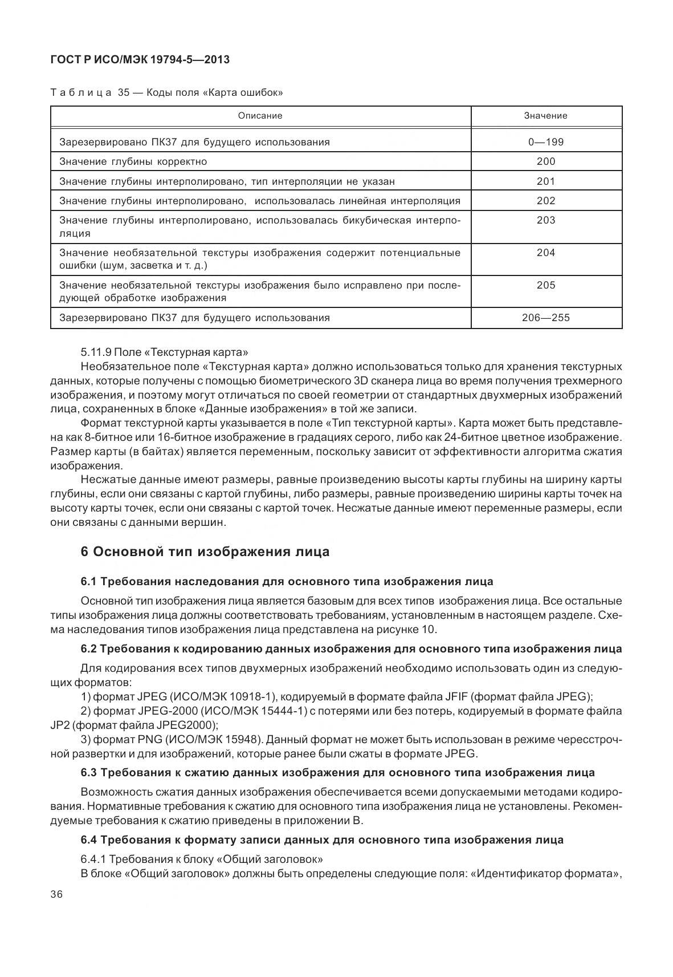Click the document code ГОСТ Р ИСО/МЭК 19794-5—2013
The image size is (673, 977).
(140, 59)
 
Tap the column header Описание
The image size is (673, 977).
(260, 115)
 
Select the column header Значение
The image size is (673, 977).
(545, 115)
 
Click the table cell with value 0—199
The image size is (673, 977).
(545, 142)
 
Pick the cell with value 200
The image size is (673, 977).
(545, 161)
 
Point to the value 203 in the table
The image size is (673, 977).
(545, 220)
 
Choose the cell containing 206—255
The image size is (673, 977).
(545, 318)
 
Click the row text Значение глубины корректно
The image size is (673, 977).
(133, 161)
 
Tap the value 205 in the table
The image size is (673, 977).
(545, 285)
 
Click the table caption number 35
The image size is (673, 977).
(124, 92)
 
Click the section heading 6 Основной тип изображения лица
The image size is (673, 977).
(205, 552)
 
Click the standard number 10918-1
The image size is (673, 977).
(254, 696)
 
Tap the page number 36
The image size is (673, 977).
(56, 895)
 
